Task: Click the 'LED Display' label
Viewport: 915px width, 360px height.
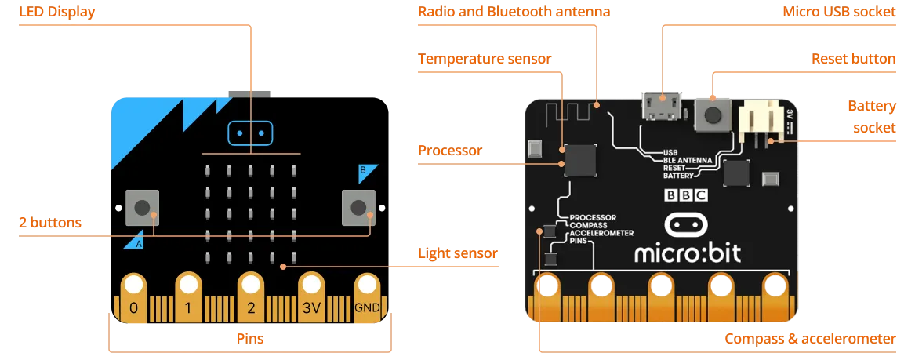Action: coord(56,13)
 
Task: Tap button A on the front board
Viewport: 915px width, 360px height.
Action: coord(142,207)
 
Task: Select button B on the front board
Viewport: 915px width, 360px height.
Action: coord(358,207)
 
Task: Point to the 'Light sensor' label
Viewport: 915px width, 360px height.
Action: coord(457,253)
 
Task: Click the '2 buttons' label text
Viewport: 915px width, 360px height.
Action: coord(50,223)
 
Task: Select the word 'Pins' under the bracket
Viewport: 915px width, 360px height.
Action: coord(250,339)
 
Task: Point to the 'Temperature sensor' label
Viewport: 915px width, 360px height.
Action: coord(485,59)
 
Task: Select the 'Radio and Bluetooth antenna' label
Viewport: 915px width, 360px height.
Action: coord(514,12)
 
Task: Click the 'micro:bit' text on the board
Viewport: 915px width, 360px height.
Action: coord(687,253)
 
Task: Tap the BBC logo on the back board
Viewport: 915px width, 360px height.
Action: coord(686,196)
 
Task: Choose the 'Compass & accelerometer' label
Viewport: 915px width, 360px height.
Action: coord(810,339)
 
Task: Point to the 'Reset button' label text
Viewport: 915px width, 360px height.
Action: coord(853,59)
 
